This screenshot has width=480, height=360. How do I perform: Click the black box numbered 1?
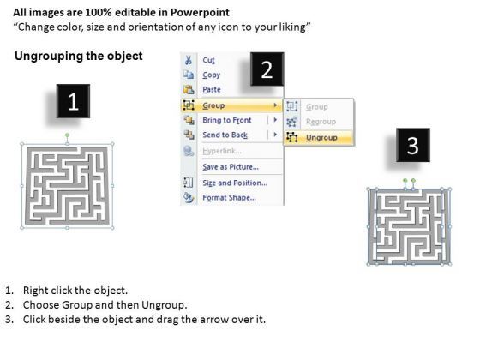73,102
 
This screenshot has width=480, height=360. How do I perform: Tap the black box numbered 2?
266,69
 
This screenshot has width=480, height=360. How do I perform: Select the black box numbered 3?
412,145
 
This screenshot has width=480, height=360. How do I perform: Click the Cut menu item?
208,60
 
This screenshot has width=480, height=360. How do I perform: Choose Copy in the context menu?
211,75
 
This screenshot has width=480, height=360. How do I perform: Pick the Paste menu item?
212,90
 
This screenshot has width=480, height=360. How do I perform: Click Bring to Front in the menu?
227,121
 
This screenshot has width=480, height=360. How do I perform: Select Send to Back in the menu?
225,135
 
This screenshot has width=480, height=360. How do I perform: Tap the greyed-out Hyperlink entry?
220,151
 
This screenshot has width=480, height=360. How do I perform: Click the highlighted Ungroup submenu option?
321,137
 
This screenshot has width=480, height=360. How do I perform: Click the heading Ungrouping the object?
80,57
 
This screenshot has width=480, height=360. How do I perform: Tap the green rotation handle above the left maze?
67,135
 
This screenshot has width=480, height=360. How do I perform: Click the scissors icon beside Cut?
188,60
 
